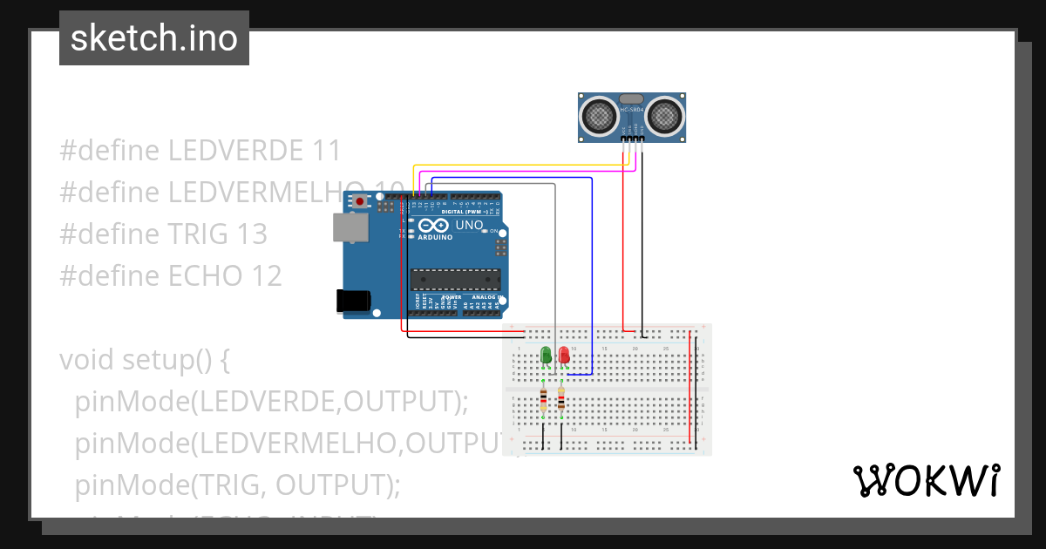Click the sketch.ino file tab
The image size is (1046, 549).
click(154, 38)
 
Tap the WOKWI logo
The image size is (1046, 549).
click(926, 480)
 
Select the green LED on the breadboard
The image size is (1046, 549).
click(546, 355)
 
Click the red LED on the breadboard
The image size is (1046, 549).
click(564, 355)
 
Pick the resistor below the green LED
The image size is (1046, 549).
click(544, 401)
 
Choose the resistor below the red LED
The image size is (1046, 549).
click(560, 401)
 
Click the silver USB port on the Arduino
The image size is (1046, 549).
click(350, 227)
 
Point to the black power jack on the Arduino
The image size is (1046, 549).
click(354, 301)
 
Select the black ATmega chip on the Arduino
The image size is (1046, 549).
click(456, 279)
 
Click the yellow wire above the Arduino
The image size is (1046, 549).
click(523, 165)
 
